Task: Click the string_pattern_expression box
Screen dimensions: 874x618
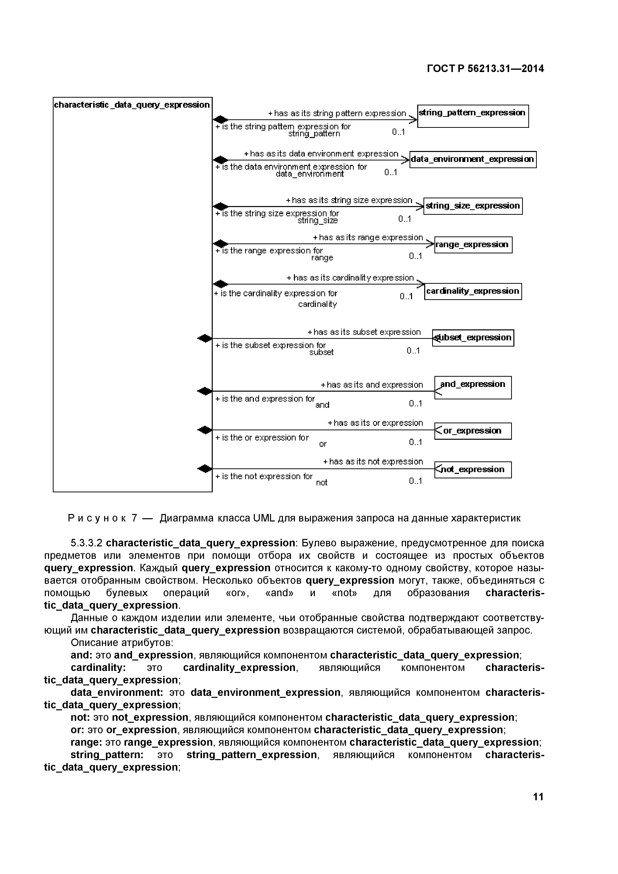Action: click(473, 116)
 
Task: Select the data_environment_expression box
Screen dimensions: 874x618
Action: click(473, 159)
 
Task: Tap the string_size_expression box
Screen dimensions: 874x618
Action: click(473, 206)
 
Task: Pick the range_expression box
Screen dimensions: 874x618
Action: click(473, 245)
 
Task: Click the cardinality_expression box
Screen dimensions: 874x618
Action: click(473, 291)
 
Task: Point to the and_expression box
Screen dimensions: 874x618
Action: click(473, 387)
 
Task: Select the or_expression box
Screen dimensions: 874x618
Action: click(473, 431)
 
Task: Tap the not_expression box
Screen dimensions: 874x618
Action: click(473, 469)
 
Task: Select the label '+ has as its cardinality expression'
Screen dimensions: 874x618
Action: click(350, 278)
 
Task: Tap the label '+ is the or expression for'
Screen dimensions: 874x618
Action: click(262, 438)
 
